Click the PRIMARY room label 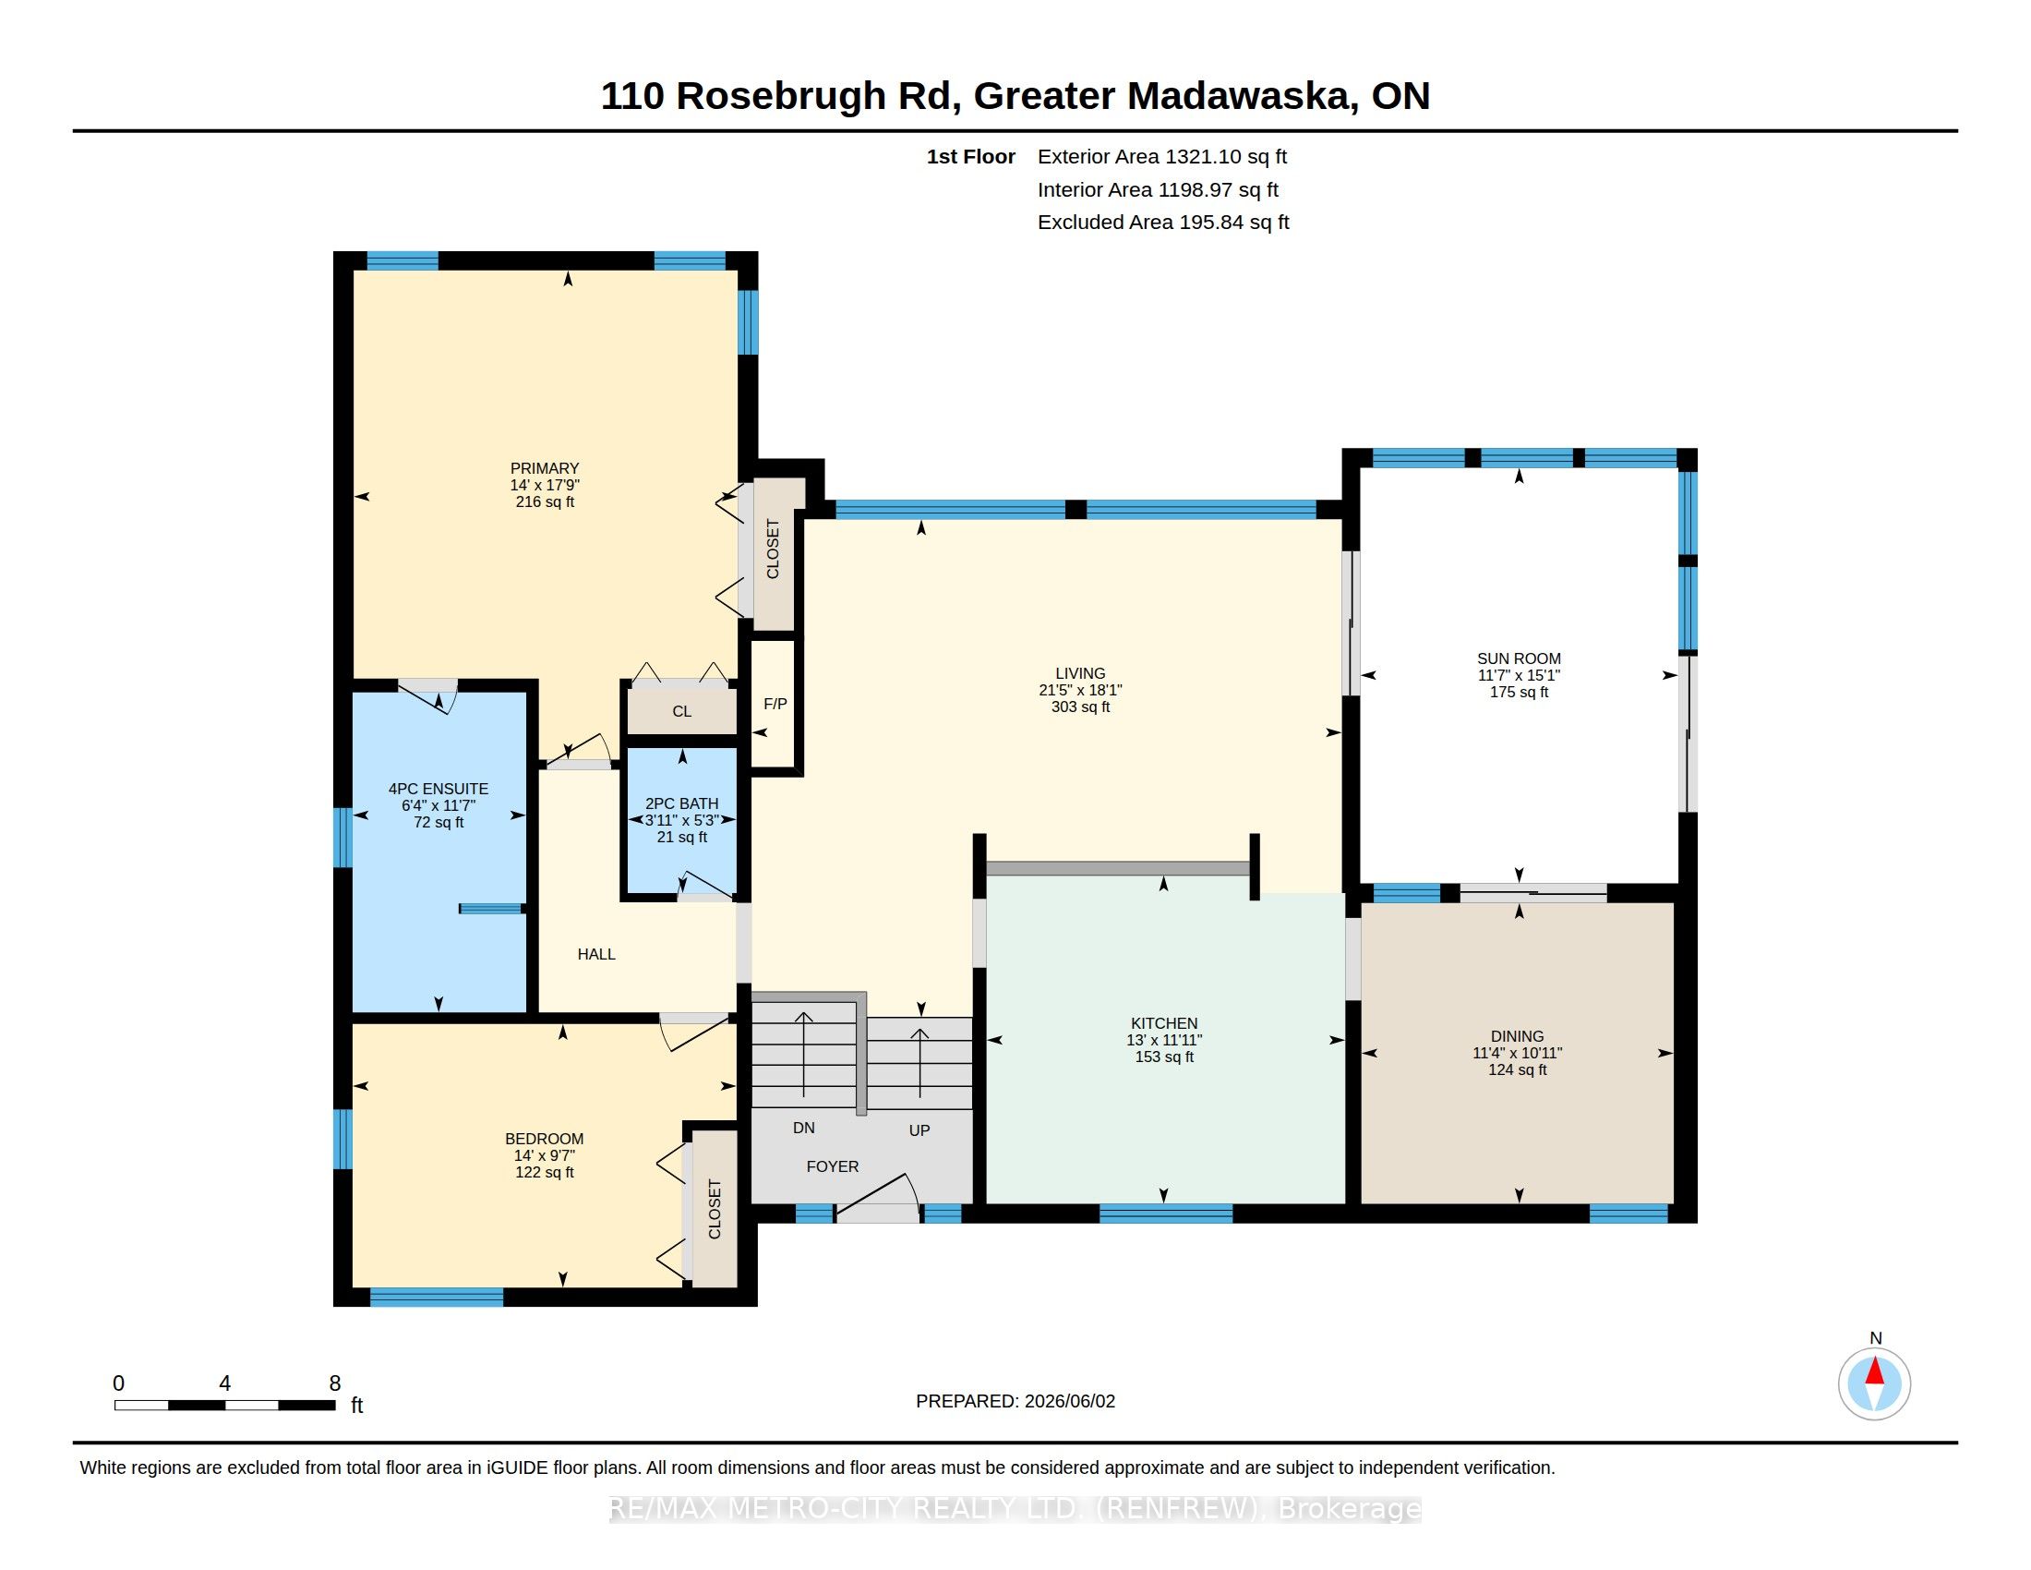coord(544,468)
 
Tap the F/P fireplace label coord(775,704)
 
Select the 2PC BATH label coord(681,803)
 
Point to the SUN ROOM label coord(1519,658)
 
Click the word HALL coord(596,954)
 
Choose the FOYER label coord(833,1166)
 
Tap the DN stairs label coord(803,1129)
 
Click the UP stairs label coord(919,1130)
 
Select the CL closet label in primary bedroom coord(681,711)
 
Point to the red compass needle coord(1875,1371)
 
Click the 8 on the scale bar coord(335,1383)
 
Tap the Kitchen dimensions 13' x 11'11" coord(1163,1040)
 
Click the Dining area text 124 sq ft coord(1517,1069)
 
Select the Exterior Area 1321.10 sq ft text coord(1161,156)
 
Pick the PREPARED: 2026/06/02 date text coord(1015,1401)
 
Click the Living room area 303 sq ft coord(1080,706)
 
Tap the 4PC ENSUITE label coord(438,789)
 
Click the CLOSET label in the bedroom coord(715,1209)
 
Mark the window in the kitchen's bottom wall coord(1166,1213)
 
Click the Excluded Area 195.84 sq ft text coord(1163,223)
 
